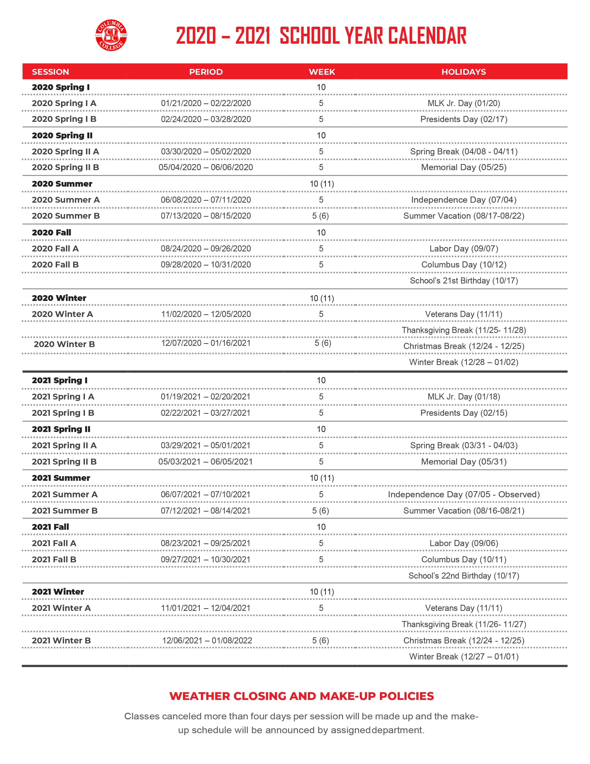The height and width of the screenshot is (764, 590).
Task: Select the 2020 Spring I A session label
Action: (x=64, y=103)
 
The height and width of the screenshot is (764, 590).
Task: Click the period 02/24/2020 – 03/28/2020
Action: (x=206, y=119)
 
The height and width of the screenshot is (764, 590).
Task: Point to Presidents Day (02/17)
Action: (x=463, y=119)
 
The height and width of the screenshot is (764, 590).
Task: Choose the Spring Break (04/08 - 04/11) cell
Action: (x=463, y=151)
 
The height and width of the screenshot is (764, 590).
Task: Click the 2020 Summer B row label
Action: (x=66, y=216)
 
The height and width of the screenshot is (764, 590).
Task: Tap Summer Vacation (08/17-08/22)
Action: (x=463, y=216)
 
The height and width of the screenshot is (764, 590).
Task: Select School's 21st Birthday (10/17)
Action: (x=463, y=281)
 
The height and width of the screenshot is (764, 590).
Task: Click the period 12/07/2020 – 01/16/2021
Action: (x=206, y=343)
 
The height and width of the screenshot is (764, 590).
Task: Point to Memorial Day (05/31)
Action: (x=463, y=462)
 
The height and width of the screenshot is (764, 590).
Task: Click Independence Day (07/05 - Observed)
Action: (x=463, y=495)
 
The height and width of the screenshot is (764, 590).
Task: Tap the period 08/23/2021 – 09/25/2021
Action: (x=206, y=543)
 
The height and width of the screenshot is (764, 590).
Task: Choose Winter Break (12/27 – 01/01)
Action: (x=463, y=656)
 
